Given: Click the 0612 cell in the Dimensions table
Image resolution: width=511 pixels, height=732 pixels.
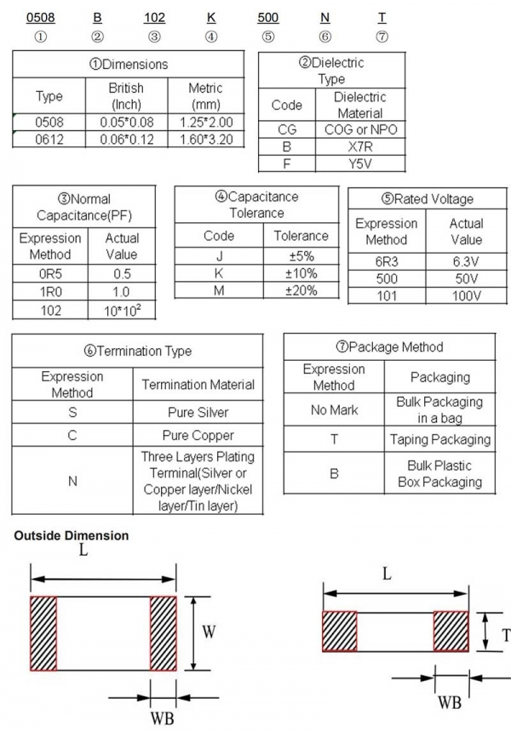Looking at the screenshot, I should click(49, 139).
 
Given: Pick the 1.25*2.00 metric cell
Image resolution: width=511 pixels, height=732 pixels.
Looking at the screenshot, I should click(205, 122).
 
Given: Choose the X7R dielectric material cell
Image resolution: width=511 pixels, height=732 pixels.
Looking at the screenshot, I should click(359, 146).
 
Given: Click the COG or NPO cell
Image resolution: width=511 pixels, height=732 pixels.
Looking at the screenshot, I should click(359, 129).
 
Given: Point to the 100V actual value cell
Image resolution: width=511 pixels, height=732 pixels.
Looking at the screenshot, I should click(466, 296).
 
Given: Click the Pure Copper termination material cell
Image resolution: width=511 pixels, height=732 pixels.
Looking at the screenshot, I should click(198, 435).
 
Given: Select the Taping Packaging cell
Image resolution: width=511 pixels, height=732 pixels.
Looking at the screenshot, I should click(439, 439).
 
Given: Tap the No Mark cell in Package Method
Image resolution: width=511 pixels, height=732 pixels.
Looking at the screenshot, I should click(334, 409).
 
